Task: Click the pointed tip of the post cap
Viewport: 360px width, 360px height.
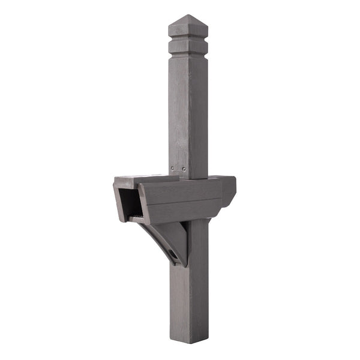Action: (188, 16)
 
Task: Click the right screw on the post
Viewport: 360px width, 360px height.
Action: (185, 170)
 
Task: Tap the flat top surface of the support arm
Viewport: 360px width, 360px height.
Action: (144, 179)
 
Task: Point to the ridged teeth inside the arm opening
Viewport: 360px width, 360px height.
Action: (137, 215)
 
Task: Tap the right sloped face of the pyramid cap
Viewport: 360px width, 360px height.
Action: (198, 27)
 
